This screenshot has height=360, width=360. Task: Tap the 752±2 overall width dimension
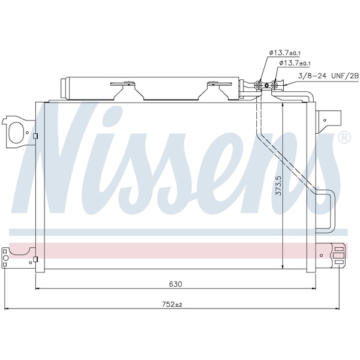pos(172,304)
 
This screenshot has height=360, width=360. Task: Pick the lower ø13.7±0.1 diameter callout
pos(295,64)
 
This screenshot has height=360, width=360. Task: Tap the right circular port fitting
pos(276,85)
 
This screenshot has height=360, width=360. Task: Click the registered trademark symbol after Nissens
pos(344,137)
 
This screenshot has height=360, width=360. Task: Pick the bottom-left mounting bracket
pos(15,256)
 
